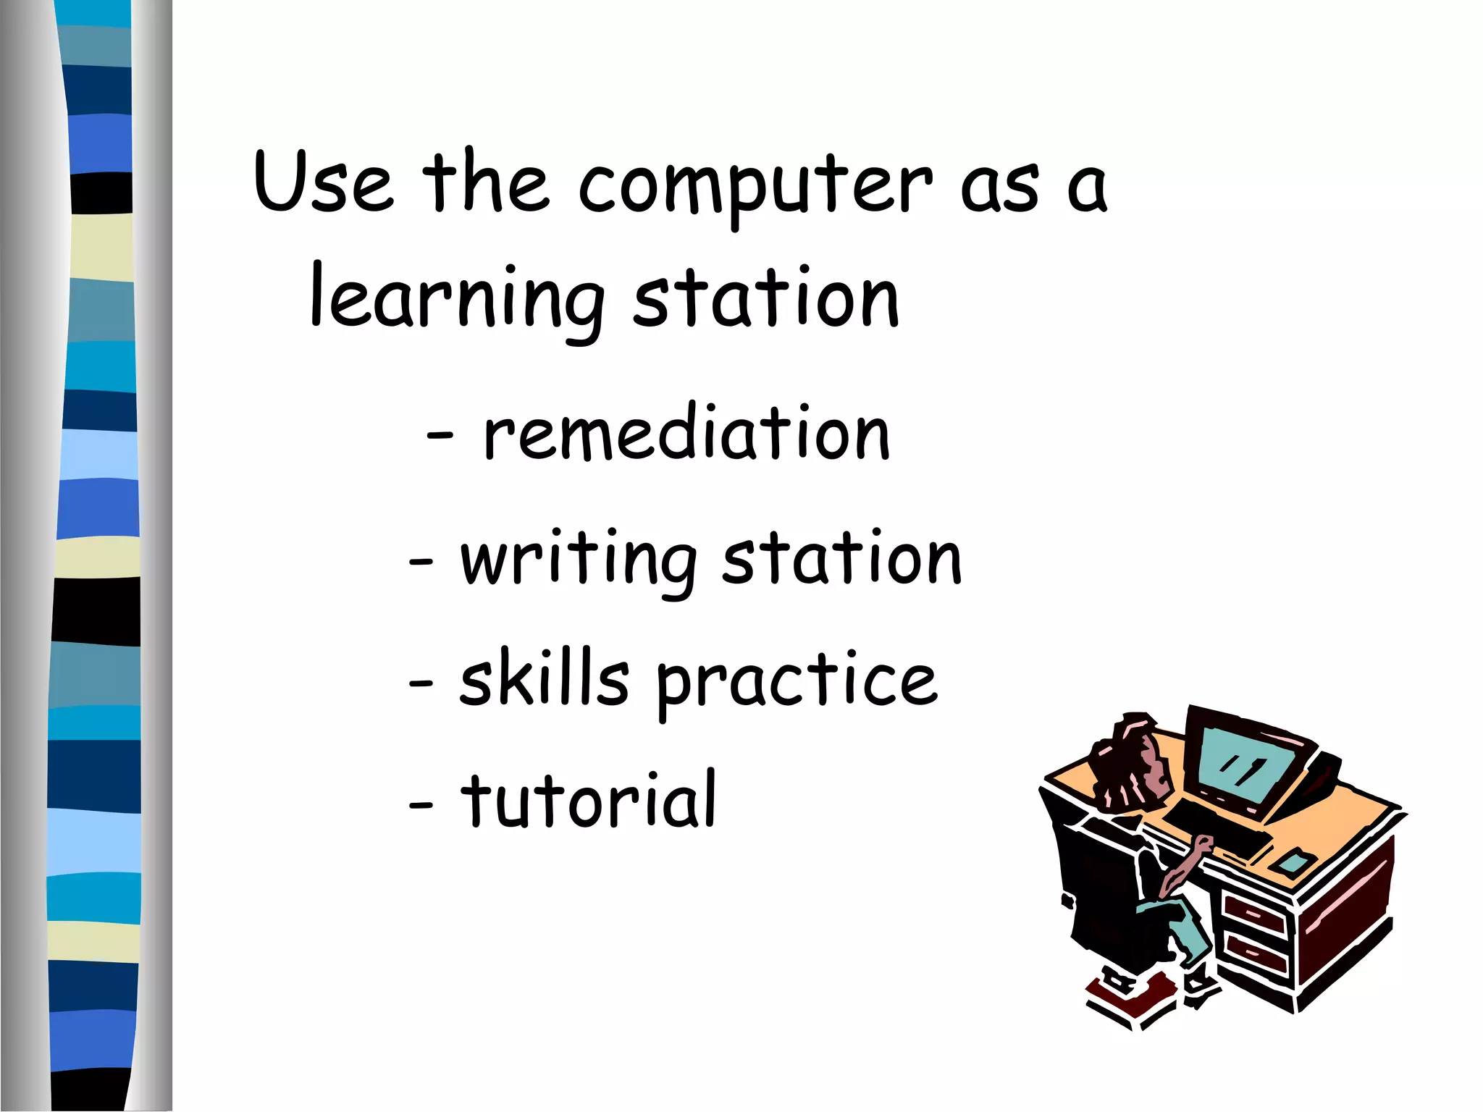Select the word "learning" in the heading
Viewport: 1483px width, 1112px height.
pyautogui.click(x=457, y=300)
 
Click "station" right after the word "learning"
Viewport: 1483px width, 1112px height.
pyautogui.click(x=766, y=298)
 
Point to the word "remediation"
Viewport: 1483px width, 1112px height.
pyautogui.click(x=686, y=433)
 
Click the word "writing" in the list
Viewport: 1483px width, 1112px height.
pyautogui.click(x=579, y=561)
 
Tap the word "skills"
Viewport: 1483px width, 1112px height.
pyautogui.click(x=544, y=678)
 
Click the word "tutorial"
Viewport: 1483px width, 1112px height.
pyautogui.click(x=589, y=799)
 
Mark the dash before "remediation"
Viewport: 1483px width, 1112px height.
pyautogui.click(x=440, y=436)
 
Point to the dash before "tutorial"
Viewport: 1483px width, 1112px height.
pyautogui.click(x=421, y=804)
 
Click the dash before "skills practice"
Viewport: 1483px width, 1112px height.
pyautogui.click(x=421, y=682)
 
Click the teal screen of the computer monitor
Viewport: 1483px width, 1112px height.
pyautogui.click(x=1242, y=767)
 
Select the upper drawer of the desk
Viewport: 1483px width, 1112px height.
pyautogui.click(x=1256, y=915)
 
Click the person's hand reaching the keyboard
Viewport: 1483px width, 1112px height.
pyautogui.click(x=1201, y=844)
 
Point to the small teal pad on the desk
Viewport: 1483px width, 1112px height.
pyautogui.click(x=1293, y=862)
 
